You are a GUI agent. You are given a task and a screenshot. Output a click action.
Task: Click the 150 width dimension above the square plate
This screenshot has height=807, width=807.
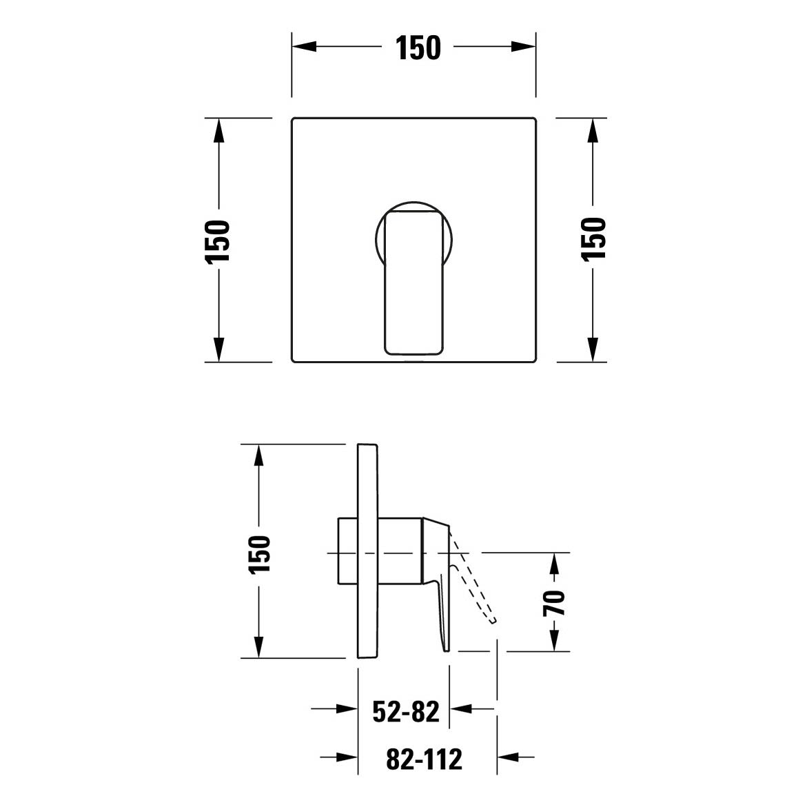418,48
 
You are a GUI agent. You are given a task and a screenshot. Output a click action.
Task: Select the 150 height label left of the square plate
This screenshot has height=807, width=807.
216,242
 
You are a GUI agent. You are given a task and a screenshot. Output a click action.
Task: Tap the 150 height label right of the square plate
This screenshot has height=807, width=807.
594,240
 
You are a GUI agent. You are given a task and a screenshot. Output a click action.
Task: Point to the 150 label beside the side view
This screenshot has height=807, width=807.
259,555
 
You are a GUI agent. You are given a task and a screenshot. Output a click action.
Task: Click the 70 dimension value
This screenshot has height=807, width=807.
554,603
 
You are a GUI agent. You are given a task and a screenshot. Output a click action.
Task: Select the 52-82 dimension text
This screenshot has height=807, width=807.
405,711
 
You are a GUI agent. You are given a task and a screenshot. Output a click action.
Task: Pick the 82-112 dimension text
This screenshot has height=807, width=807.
424,759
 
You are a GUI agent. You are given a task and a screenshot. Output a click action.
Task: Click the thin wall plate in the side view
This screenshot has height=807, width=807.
368,551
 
